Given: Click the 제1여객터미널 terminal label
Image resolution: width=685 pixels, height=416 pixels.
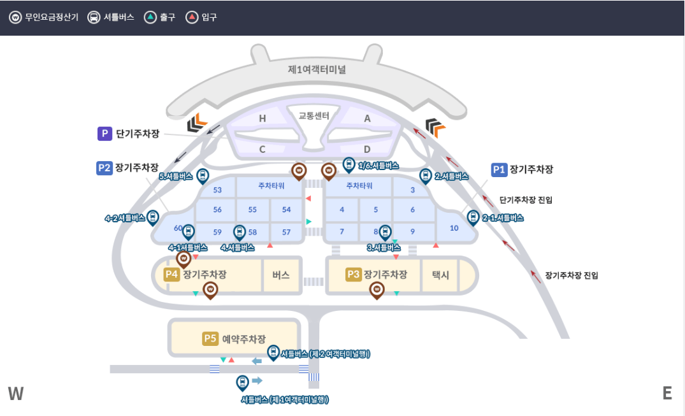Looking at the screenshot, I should pos(317,69).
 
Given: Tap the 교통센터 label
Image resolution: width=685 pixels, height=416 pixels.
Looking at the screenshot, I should pos(314,116).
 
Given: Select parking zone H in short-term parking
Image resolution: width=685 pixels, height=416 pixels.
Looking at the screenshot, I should pos(262,118).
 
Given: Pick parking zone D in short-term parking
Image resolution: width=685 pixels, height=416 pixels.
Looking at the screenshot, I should pos(367,149).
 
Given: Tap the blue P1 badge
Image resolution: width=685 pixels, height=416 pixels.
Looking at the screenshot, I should pos(499,169).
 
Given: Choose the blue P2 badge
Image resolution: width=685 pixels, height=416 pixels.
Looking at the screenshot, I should pos(105,168).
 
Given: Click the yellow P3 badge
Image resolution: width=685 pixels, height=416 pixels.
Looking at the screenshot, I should pos(353,275).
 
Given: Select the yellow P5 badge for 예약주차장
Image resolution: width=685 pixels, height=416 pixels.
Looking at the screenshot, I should pos(210,339).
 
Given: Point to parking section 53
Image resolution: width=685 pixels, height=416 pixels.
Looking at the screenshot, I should pos(217,190).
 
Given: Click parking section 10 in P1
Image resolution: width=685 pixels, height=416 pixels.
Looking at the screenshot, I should pos(454,227).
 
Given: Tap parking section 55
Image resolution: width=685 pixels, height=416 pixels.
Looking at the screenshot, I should pos(252,210).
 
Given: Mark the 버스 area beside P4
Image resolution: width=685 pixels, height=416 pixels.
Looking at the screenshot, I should pos(281,275).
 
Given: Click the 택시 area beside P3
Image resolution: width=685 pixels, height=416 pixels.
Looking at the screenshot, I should pos(440,275).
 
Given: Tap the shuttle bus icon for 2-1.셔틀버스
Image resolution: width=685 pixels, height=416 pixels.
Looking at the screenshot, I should pos(473,217).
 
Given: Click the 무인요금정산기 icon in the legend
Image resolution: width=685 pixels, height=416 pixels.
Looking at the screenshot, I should pos(15,17).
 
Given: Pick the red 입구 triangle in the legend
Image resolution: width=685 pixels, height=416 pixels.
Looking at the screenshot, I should pos(192,17).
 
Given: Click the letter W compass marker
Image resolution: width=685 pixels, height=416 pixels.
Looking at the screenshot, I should pos(16,394).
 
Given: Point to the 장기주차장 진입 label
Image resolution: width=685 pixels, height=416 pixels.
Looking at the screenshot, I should pos(572,276).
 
